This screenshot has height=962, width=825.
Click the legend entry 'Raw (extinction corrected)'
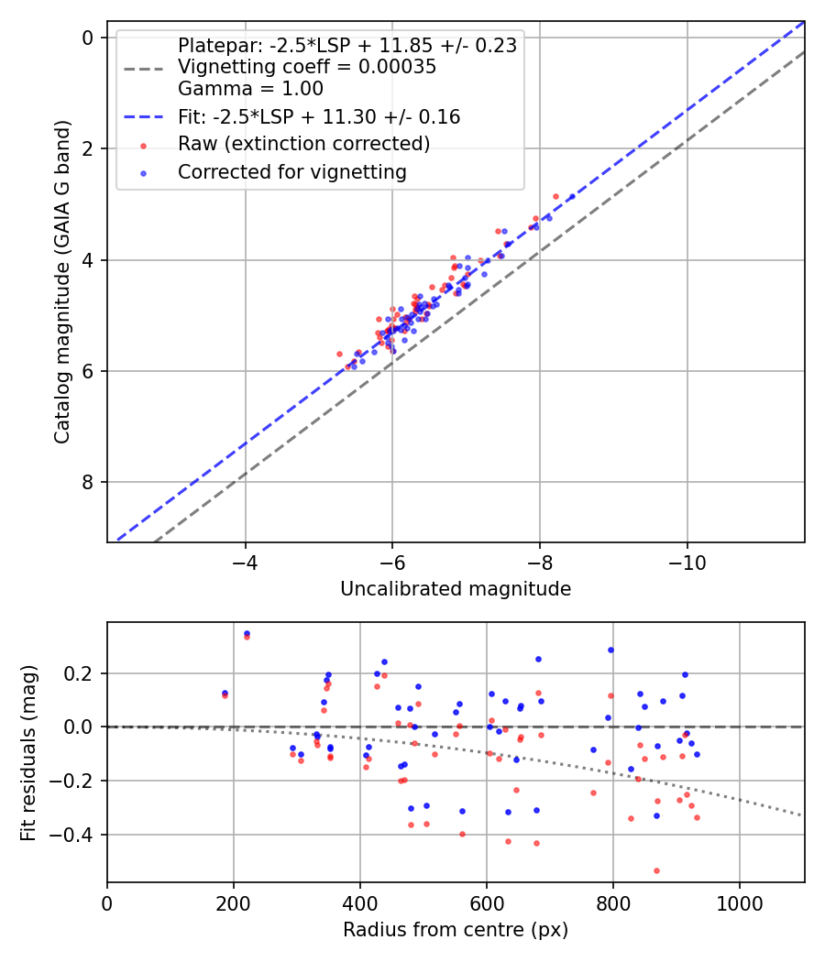coord(303,144)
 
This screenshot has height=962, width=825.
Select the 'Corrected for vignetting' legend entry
coord(291,171)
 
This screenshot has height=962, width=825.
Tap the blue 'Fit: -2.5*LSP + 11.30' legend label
coord(319,116)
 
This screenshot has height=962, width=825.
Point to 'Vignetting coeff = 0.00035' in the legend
coord(307,67)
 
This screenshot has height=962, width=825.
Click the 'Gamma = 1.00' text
coord(250,89)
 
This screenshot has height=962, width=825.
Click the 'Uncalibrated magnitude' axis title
coord(456,589)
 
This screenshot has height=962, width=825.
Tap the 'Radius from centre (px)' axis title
coord(456,930)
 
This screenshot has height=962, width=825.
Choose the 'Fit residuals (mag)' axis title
coord(28,753)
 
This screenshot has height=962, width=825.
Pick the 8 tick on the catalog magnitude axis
coord(88,483)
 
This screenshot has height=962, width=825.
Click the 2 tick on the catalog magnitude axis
coord(88,148)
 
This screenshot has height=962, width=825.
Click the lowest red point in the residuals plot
coord(656,870)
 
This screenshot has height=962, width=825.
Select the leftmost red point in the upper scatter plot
coord(339,354)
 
